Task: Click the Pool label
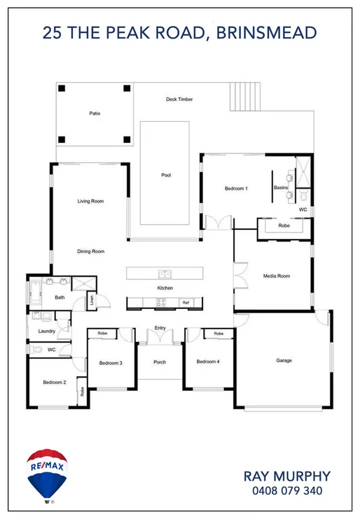coord(166,175)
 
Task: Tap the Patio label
coord(95,113)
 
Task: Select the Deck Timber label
coord(179,99)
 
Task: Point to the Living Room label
coord(90,201)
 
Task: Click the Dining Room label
coord(90,251)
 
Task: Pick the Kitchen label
coord(165,288)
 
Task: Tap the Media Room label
coord(276,276)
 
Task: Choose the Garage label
coord(284,361)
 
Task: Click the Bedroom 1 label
coord(236,188)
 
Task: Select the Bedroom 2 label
coord(54,383)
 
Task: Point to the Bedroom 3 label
coord(111,362)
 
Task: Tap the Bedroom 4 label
coord(208,362)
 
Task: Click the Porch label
coord(160,362)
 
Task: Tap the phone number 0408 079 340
coord(287,491)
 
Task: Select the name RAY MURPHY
coord(287,476)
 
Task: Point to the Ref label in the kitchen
coord(186,303)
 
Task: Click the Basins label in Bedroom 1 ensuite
coord(280,188)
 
